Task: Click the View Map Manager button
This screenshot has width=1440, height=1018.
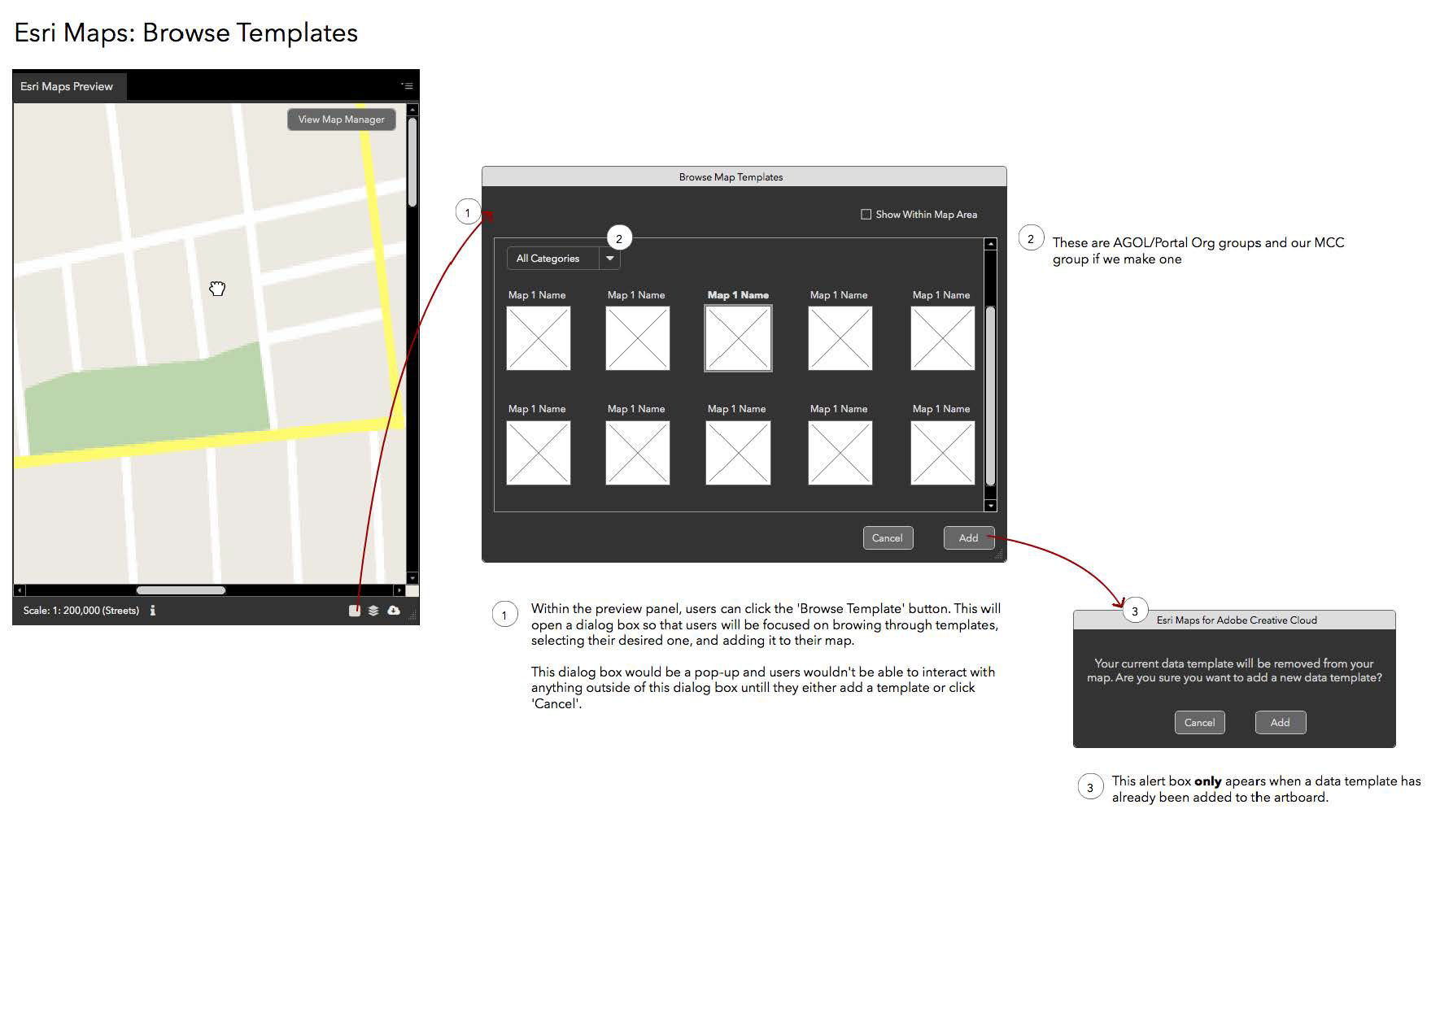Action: click(342, 120)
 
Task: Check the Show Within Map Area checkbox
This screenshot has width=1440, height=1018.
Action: click(866, 215)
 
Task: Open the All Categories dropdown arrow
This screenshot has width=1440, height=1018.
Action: click(610, 259)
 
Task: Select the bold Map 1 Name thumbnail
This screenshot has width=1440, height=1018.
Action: click(738, 338)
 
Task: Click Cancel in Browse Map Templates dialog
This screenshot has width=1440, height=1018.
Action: click(888, 537)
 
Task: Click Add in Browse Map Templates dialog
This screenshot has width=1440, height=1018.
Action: click(968, 537)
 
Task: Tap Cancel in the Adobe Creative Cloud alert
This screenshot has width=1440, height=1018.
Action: click(1199, 722)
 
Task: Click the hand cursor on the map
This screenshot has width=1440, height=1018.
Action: click(216, 289)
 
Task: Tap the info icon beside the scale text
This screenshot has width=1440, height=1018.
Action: click(153, 610)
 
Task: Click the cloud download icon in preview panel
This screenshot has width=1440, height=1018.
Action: click(394, 610)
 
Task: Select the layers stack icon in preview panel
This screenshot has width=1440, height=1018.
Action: click(373, 611)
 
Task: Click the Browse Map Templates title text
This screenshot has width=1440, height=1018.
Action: click(731, 177)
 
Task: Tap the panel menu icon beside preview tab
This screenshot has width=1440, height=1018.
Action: click(407, 85)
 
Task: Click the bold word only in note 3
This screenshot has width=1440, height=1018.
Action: click(1208, 781)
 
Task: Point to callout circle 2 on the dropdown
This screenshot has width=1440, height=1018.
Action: click(619, 238)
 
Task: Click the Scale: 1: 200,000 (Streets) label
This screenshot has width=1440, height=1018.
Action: click(81, 611)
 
